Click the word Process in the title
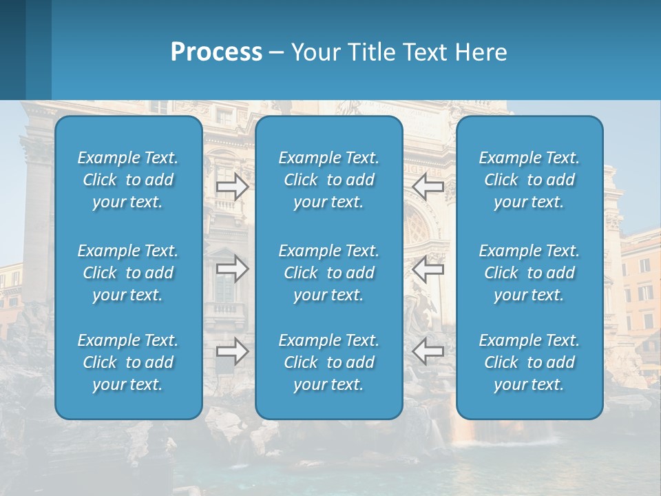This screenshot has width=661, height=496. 216,52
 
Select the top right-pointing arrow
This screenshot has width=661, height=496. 232,187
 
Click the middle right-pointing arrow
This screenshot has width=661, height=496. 232,269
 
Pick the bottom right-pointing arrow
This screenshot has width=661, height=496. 232,351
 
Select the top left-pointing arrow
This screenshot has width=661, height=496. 428,187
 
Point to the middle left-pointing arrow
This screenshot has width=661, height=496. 428,269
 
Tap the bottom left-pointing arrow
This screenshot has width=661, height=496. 428,351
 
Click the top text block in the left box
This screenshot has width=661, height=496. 128,180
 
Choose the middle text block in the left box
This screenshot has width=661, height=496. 128,273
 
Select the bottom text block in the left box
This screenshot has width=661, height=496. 128,362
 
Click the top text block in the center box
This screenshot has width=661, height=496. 328,180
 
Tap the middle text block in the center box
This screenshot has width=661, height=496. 328,273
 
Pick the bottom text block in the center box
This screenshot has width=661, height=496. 328,362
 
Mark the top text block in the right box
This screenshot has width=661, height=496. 529,180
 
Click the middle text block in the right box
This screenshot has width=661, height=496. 529,273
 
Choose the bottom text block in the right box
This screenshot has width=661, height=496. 529,362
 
